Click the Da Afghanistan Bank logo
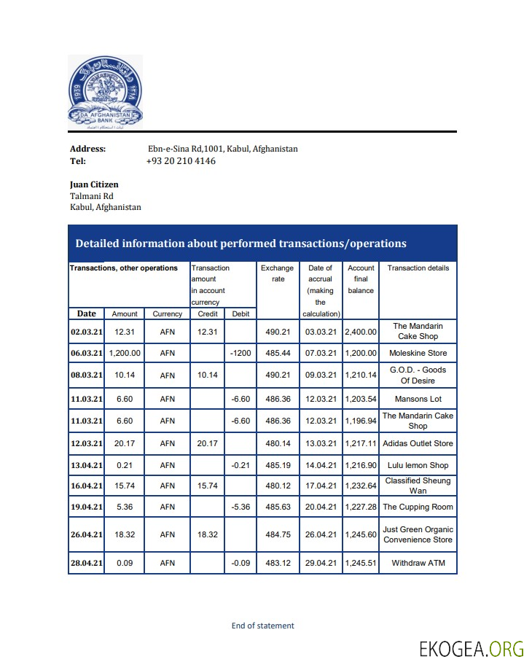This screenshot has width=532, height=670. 105,92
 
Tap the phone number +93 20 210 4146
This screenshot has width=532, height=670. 181,161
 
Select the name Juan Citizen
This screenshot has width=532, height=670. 94,184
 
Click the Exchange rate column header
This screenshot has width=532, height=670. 278,273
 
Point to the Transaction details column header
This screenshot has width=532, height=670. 418,268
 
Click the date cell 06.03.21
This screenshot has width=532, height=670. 87,353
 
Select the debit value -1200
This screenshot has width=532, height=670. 240,353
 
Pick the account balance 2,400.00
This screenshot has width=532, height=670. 361,332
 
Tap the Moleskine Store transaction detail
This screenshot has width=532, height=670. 418,353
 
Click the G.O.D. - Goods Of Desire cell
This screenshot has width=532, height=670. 418,375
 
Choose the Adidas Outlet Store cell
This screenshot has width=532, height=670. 418,443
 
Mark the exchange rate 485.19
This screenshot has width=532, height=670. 278,465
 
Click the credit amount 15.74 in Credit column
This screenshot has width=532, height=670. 208,486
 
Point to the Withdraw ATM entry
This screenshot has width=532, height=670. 418,563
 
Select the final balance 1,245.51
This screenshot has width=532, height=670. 361,563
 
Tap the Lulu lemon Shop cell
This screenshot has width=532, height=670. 418,465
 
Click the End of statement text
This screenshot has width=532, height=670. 262,626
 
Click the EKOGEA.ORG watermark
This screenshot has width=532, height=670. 472,648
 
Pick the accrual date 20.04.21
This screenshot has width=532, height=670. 321,507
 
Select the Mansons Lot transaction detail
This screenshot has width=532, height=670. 418,399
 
